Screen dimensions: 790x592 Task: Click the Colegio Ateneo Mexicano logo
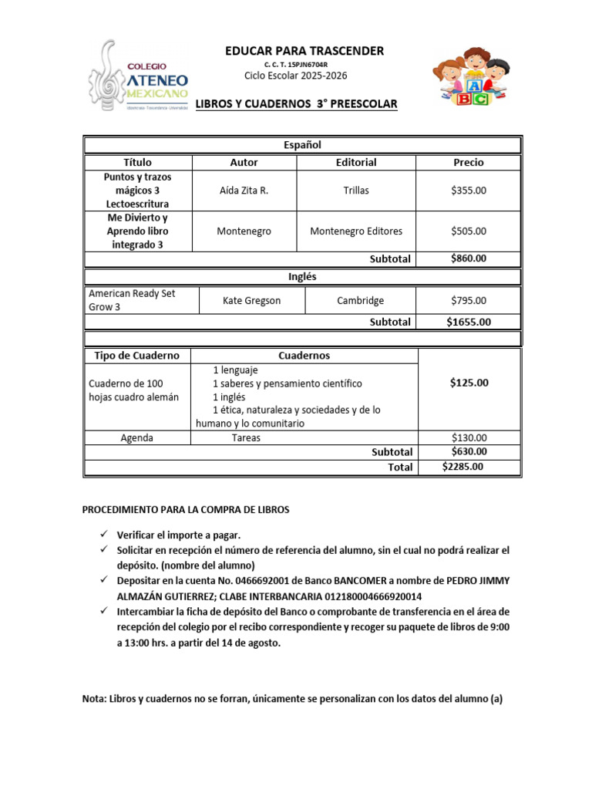pos(139,78)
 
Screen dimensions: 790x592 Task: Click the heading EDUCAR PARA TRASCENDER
pos(304,51)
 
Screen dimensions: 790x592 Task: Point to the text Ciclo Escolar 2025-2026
pos(295,76)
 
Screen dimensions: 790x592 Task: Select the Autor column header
pos(244,163)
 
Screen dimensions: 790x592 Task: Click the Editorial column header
pos(356,163)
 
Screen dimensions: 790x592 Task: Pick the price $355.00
pos(469,191)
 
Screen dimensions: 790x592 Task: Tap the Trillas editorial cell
pos(356,191)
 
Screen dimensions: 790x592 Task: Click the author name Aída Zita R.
pos(244,191)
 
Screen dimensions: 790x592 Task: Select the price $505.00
pos(469,231)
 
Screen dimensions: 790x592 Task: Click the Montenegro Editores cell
pos(356,231)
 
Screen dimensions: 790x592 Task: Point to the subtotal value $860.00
pos(469,258)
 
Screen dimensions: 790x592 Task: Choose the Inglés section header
pos(302,276)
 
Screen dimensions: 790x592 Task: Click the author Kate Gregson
pos(251,301)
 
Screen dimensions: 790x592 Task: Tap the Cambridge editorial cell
pos(360,301)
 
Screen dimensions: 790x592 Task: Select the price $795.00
pos(469,301)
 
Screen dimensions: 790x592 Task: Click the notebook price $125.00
pos(469,383)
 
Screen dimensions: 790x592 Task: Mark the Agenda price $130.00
pos(469,438)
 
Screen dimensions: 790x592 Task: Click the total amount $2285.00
pos(462,467)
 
